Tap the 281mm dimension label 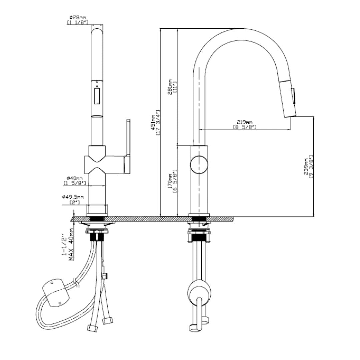pyautogui.click(x=170, y=87)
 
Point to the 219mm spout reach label pyautogui.click(x=245, y=122)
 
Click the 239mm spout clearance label pyautogui.click(x=306, y=167)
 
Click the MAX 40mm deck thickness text pyautogui.click(x=71, y=245)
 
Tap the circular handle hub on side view pyautogui.click(x=199, y=165)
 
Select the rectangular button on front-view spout pyautogui.click(x=97, y=96)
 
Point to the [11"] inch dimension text pyautogui.click(x=175, y=87)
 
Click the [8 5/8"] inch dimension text pyautogui.click(x=245, y=127)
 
